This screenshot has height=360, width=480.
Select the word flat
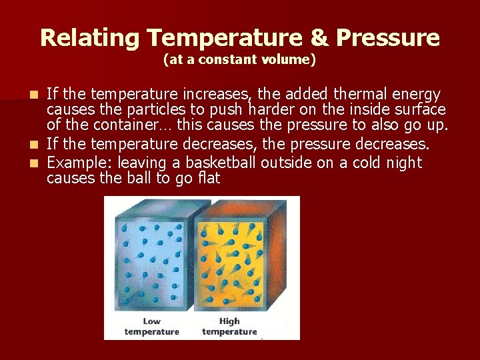[205, 179]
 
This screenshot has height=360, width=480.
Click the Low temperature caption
[152, 327]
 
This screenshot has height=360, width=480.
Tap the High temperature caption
[229, 327]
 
